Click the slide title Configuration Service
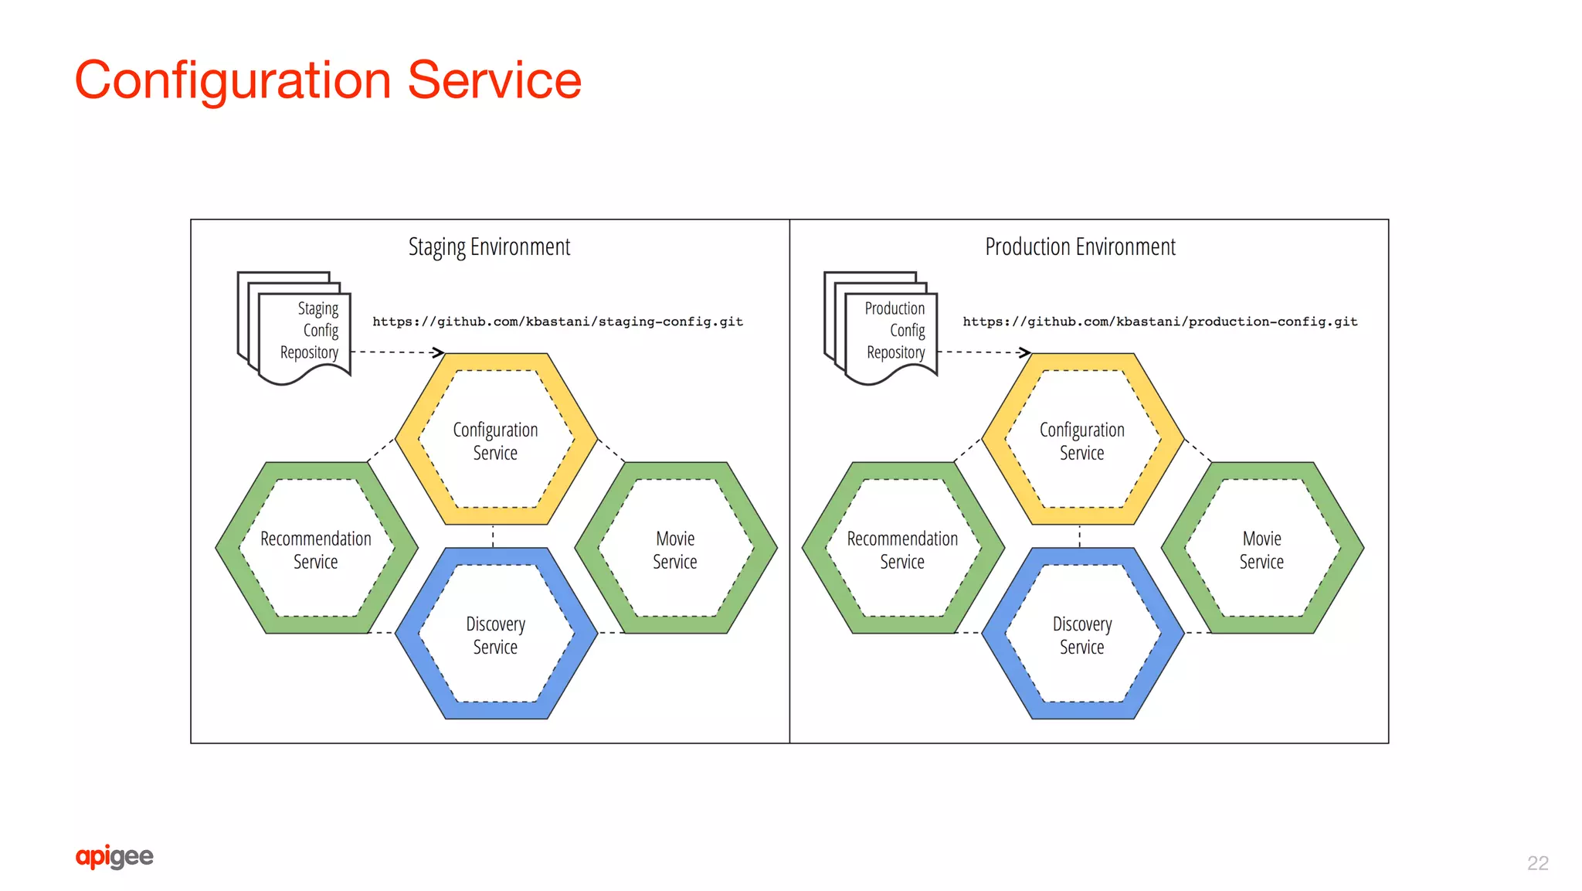(x=328, y=80)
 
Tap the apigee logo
(x=114, y=856)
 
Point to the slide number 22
(x=1537, y=862)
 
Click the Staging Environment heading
(x=489, y=247)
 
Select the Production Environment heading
(x=1080, y=247)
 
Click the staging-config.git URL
(x=558, y=321)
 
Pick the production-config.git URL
(x=1159, y=321)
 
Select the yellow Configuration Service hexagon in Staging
(x=496, y=440)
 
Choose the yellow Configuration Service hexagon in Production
(x=1082, y=440)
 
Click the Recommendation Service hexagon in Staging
(x=316, y=549)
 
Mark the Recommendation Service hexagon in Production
(x=902, y=549)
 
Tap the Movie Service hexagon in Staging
(x=675, y=549)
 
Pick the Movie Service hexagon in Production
(x=1262, y=549)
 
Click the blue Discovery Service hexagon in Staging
(x=496, y=634)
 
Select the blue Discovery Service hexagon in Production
(x=1082, y=634)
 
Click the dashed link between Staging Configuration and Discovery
(x=493, y=536)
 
